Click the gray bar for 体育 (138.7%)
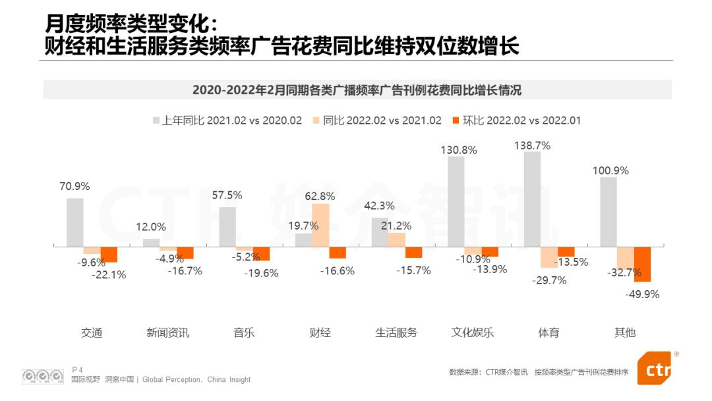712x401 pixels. [532, 199]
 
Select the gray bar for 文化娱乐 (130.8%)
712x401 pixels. [456, 202]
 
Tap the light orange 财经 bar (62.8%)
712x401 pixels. [320, 226]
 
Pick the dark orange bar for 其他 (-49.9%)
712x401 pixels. [642, 264]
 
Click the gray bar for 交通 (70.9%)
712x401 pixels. [75, 222]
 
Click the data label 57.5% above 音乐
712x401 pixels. [227, 195]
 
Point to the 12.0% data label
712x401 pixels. [151, 227]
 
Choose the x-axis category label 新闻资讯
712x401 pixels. [167, 332]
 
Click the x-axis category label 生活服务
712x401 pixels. [396, 332]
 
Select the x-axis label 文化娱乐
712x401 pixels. [472, 332]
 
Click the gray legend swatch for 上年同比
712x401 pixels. [156, 121]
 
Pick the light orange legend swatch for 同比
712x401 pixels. [316, 121]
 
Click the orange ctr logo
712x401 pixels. [656, 369]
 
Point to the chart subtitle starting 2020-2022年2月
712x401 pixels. [357, 90]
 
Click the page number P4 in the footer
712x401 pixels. [77, 369]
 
